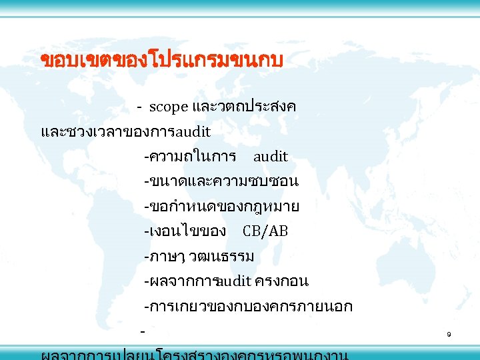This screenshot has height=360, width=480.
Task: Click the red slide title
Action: tap(162, 61)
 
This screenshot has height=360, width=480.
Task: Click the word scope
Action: tap(169, 107)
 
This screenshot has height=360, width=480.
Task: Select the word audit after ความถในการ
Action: tap(270, 157)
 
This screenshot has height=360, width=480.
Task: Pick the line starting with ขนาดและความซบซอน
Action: tap(221, 181)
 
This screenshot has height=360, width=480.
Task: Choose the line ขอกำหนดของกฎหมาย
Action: tap(221, 207)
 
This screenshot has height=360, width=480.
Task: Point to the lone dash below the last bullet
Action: tap(142, 330)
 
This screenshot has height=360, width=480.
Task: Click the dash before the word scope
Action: tap(139, 107)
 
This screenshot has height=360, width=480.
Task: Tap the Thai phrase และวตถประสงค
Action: tap(244, 107)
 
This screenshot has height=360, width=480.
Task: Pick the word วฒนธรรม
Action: tap(226, 257)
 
